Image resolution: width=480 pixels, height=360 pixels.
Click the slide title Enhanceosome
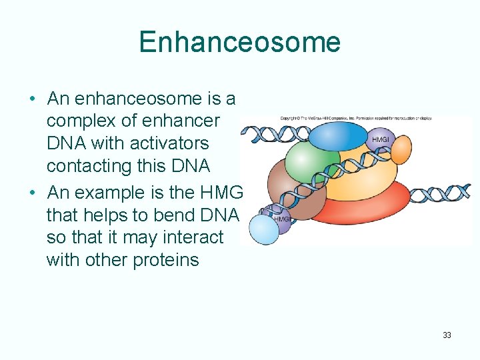[239, 42]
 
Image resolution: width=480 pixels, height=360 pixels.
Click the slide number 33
[447, 335]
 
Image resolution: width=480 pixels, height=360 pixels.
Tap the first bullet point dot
[32, 99]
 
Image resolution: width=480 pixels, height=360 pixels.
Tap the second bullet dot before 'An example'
[32, 193]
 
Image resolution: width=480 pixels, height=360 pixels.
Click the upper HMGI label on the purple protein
[380, 139]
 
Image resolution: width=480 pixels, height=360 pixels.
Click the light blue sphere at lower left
[263, 231]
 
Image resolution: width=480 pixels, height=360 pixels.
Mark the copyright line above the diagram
[356, 119]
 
